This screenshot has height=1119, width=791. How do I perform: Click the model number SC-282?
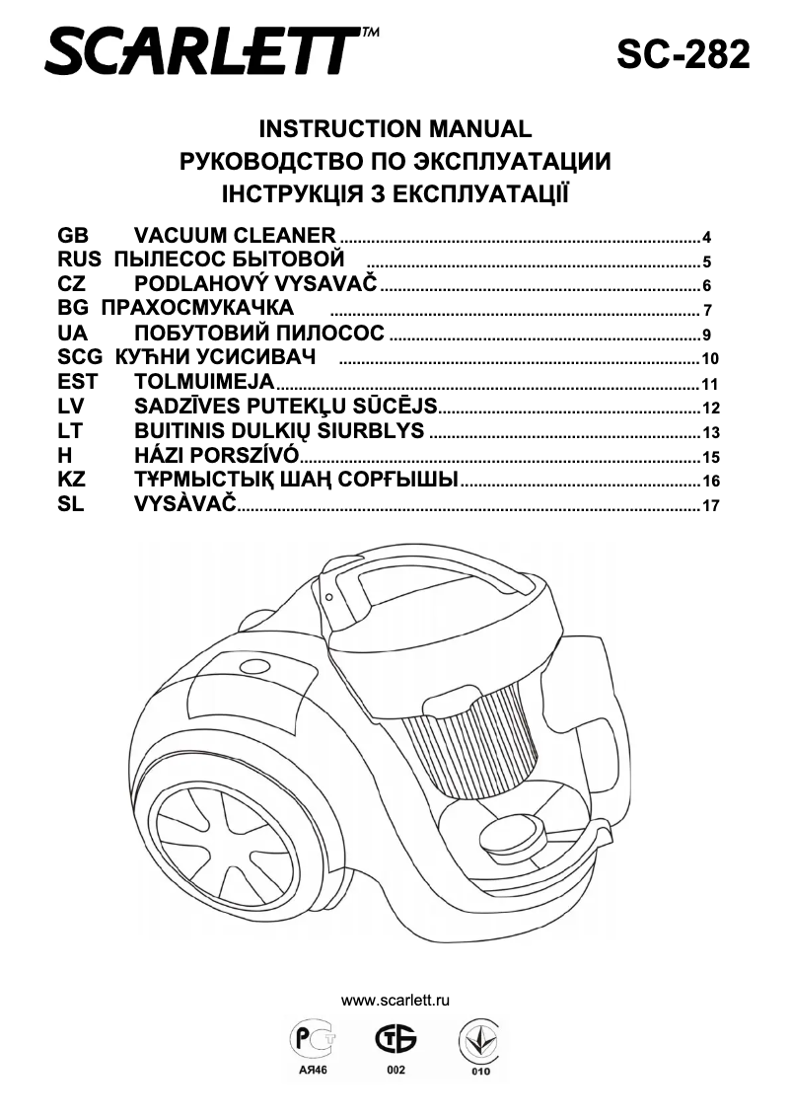(683, 53)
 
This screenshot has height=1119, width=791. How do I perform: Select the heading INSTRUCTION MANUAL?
(395, 129)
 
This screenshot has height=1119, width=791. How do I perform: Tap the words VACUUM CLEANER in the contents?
(235, 236)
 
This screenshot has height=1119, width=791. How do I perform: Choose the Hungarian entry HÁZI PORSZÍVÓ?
(216, 455)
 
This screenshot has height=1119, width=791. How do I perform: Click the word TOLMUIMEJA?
(204, 382)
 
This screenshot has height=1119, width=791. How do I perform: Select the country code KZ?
(73, 480)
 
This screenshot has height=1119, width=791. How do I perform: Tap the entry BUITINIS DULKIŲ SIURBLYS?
(279, 431)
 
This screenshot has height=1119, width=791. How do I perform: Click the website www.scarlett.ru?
(395, 1000)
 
